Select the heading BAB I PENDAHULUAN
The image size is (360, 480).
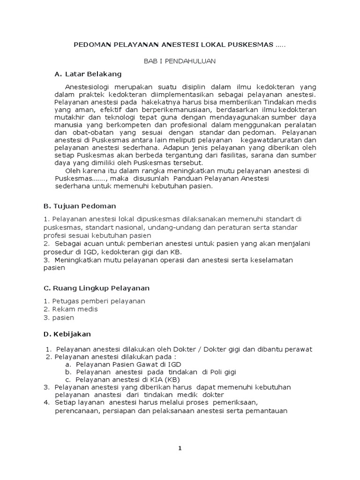(180, 61)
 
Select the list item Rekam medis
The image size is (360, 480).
(75, 309)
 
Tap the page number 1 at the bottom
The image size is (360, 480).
(180, 448)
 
